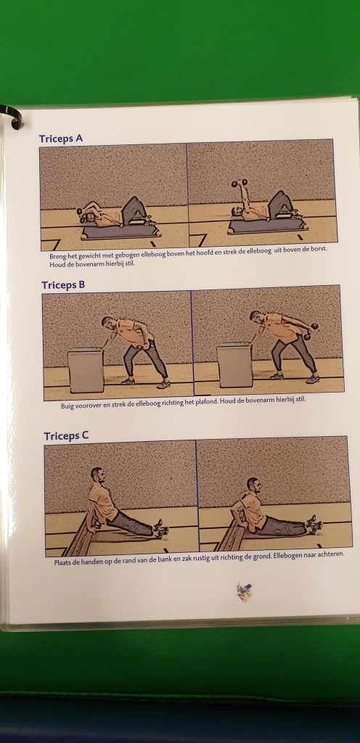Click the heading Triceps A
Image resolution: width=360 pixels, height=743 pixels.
(x=61, y=139)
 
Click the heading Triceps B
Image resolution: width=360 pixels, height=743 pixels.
(x=63, y=284)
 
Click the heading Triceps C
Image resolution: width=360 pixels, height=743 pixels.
(x=66, y=435)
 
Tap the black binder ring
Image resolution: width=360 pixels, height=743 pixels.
(x=13, y=116)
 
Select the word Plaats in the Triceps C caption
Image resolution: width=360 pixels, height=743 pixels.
(x=62, y=562)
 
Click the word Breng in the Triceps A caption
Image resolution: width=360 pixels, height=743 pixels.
(x=58, y=256)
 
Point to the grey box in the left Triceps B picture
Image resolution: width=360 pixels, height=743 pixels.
(x=86, y=370)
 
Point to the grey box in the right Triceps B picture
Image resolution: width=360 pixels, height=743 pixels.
(x=234, y=365)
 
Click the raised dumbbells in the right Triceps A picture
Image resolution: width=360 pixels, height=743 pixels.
(x=240, y=182)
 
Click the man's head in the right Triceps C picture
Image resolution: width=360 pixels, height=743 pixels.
(x=253, y=485)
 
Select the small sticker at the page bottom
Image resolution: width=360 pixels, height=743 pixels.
(x=245, y=591)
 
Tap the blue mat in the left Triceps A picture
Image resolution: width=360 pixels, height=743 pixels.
(x=120, y=231)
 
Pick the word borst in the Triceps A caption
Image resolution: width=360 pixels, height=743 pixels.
(x=319, y=247)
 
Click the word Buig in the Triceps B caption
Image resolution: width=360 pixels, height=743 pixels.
(x=67, y=406)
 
